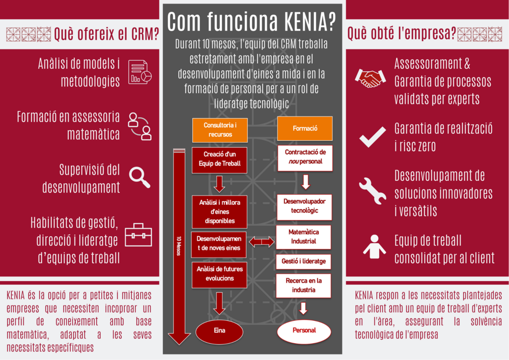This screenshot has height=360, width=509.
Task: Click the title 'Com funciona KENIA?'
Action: (x=251, y=22)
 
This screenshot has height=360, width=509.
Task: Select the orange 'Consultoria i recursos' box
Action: (x=220, y=130)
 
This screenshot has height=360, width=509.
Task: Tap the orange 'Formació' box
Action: (x=305, y=129)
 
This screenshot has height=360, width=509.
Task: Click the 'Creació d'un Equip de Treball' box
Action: (x=219, y=159)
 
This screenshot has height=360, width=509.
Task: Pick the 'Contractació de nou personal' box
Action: (x=305, y=157)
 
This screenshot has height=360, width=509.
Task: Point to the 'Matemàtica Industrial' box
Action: (x=304, y=237)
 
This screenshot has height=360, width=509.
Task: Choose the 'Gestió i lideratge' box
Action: (x=303, y=261)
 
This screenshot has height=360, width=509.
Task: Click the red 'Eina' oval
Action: (x=219, y=330)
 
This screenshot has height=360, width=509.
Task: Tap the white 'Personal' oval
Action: (x=304, y=330)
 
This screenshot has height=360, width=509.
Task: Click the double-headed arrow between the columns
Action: (x=261, y=242)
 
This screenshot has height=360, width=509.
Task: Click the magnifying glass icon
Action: (x=139, y=176)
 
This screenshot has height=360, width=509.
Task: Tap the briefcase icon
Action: (x=139, y=234)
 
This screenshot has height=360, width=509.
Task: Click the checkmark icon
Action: (x=372, y=136)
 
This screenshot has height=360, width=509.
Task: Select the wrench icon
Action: (x=373, y=190)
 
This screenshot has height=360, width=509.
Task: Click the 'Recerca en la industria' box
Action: (x=304, y=286)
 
